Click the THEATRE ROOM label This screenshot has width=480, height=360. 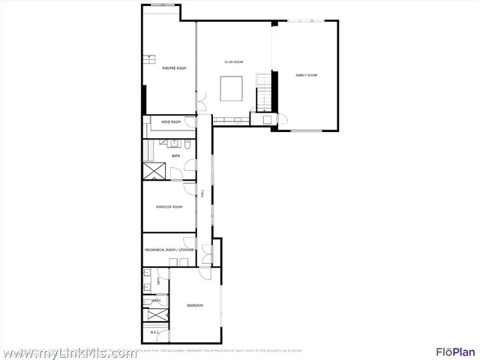[x=174, y=68]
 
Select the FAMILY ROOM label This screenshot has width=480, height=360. [x=306, y=75]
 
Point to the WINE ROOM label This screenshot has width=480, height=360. [x=171, y=121]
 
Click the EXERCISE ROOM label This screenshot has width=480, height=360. [x=169, y=206]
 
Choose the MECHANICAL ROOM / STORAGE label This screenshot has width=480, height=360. [x=169, y=249]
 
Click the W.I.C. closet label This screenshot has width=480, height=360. [x=155, y=332]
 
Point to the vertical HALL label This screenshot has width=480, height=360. [x=202, y=193]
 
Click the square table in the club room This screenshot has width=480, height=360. [x=231, y=88]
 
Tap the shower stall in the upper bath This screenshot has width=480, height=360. [x=155, y=170]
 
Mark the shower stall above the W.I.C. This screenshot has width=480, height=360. [x=155, y=313]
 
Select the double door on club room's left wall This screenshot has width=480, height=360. [x=200, y=98]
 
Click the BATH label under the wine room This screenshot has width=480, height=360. [x=175, y=156]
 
